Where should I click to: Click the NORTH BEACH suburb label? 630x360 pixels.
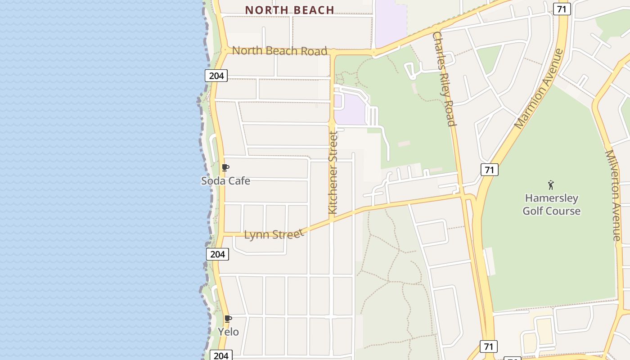(289, 10)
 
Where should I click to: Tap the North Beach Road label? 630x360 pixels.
(279, 51)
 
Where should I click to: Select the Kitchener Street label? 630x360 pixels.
(333, 172)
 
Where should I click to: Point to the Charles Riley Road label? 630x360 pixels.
(444, 79)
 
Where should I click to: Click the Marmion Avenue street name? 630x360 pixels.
(539, 89)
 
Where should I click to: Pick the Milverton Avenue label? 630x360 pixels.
(613, 195)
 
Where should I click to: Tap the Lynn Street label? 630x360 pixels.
(274, 234)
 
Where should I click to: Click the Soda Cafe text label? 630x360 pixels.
(225, 181)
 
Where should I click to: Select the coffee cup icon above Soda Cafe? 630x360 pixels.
(225, 168)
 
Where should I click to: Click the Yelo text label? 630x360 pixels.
(228, 332)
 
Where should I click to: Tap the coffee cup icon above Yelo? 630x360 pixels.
(228, 319)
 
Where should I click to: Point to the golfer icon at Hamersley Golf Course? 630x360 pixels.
(551, 185)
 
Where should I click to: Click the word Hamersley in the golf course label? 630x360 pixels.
(551, 198)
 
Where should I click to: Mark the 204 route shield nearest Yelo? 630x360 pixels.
(221, 355)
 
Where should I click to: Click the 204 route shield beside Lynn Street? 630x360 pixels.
(217, 254)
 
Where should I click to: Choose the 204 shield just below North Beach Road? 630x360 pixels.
(216, 76)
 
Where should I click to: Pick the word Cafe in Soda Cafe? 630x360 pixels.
(238, 181)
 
